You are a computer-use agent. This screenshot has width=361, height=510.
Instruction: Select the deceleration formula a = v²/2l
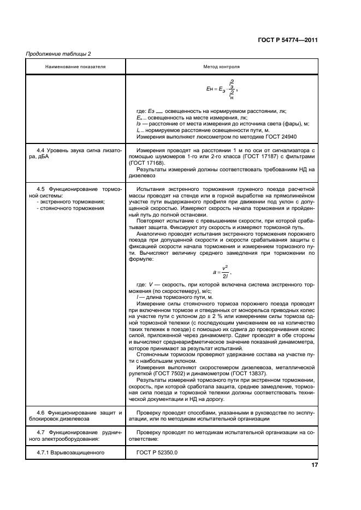click(x=221, y=271)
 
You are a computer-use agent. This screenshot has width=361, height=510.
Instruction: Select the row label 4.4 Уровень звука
click(x=75, y=152)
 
